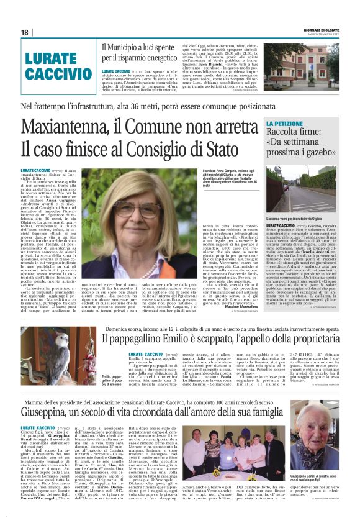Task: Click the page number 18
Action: coord(25,32)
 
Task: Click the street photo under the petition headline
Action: coord(301,194)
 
